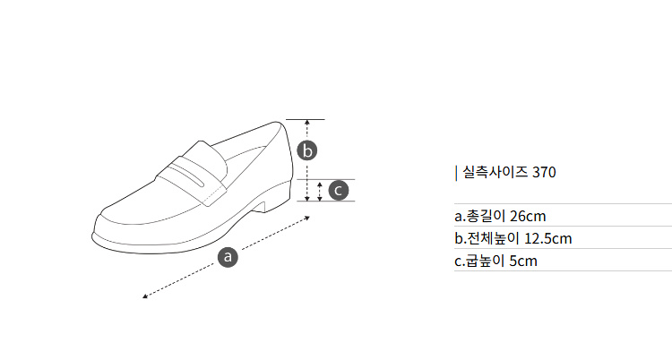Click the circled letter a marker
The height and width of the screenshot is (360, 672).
[x=228, y=257]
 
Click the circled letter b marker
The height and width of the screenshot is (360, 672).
[x=307, y=150]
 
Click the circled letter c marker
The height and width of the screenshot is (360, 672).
[x=339, y=190]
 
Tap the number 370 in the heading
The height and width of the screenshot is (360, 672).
[x=544, y=172]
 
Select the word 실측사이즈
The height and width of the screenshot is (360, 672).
[x=495, y=172]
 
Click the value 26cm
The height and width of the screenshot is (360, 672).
[x=528, y=216]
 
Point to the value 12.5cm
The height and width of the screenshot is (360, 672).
[x=548, y=238]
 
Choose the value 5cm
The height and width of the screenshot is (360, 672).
[x=523, y=261]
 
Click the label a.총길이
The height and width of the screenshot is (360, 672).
[x=480, y=216]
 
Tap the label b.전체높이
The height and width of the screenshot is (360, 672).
[x=487, y=238]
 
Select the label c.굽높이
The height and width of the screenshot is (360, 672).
[x=479, y=261]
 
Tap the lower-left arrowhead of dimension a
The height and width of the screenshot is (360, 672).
[x=145, y=296]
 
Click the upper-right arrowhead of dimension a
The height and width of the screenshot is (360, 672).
[x=307, y=218]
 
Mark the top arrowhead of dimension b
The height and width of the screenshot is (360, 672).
[x=306, y=123]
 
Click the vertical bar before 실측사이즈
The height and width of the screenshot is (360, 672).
[x=456, y=173]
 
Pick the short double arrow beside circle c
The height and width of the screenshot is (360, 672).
[x=320, y=191]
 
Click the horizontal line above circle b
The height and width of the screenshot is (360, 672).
[x=306, y=120]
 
